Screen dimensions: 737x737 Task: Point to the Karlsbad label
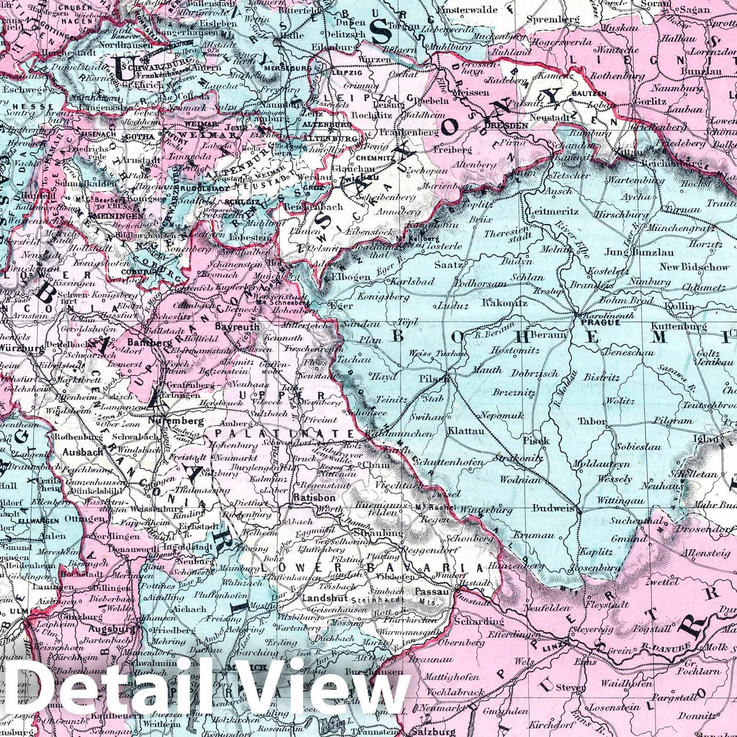tap(411, 281)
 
